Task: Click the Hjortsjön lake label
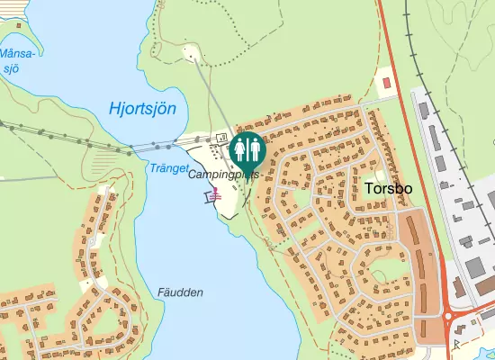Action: pyautogui.click(x=141, y=110)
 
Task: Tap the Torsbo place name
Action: pyautogui.click(x=389, y=189)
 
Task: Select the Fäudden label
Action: pyautogui.click(x=180, y=292)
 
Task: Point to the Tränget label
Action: pyautogui.click(x=166, y=168)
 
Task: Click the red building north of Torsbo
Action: pyautogui.click(x=388, y=83)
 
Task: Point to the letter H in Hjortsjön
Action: pyautogui.click(x=113, y=110)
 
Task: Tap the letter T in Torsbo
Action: pyautogui.click(x=370, y=189)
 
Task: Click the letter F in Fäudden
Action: pyautogui.click(x=160, y=292)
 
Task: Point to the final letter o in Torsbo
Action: pyautogui.click(x=408, y=190)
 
